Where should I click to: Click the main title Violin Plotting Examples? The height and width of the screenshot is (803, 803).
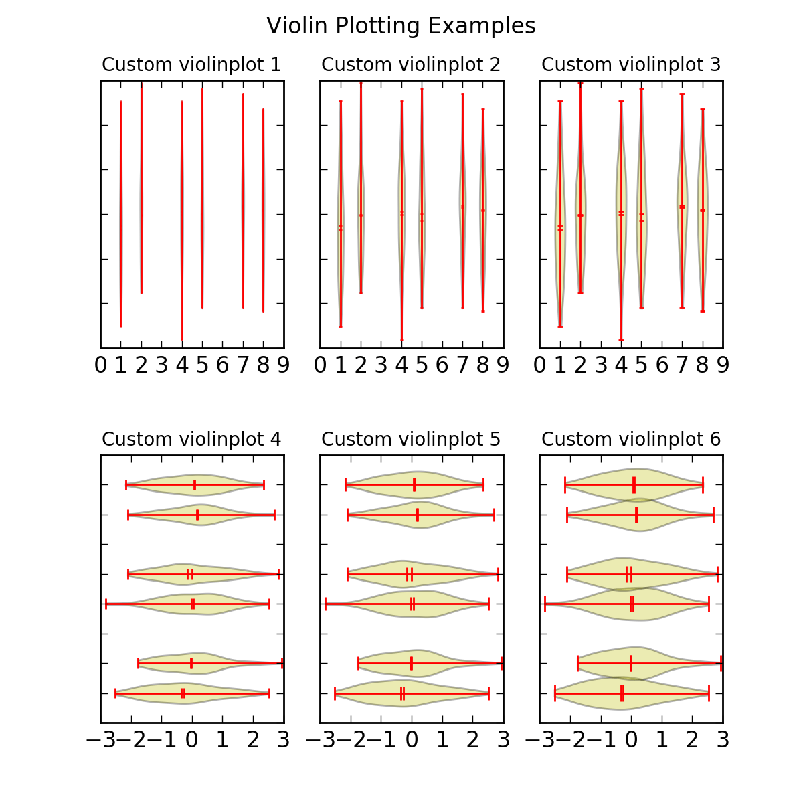(x=401, y=26)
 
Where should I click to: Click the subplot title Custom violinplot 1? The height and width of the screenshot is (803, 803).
(x=191, y=65)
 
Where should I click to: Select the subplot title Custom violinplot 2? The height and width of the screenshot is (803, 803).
(x=411, y=65)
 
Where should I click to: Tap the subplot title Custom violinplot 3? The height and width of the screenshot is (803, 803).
(x=631, y=65)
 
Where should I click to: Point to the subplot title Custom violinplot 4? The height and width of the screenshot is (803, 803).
(x=191, y=440)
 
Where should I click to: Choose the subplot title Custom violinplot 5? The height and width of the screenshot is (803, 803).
(x=411, y=440)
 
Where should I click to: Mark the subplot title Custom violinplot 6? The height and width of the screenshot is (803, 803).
(x=631, y=440)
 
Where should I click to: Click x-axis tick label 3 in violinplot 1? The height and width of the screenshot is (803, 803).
(x=162, y=365)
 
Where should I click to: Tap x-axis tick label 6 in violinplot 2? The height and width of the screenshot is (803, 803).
(x=442, y=365)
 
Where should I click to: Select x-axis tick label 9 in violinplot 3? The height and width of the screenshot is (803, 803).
(x=723, y=365)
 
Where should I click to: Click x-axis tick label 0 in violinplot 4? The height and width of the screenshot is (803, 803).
(x=192, y=740)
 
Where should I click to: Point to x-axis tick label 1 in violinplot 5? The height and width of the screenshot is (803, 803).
(x=442, y=740)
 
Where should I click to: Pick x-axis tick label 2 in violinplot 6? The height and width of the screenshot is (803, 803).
(x=693, y=740)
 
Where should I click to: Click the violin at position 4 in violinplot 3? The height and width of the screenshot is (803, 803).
(x=621, y=221)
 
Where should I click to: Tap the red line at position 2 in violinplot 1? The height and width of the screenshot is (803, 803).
(x=141, y=187)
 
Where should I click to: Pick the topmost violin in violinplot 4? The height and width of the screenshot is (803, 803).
(x=195, y=484)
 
